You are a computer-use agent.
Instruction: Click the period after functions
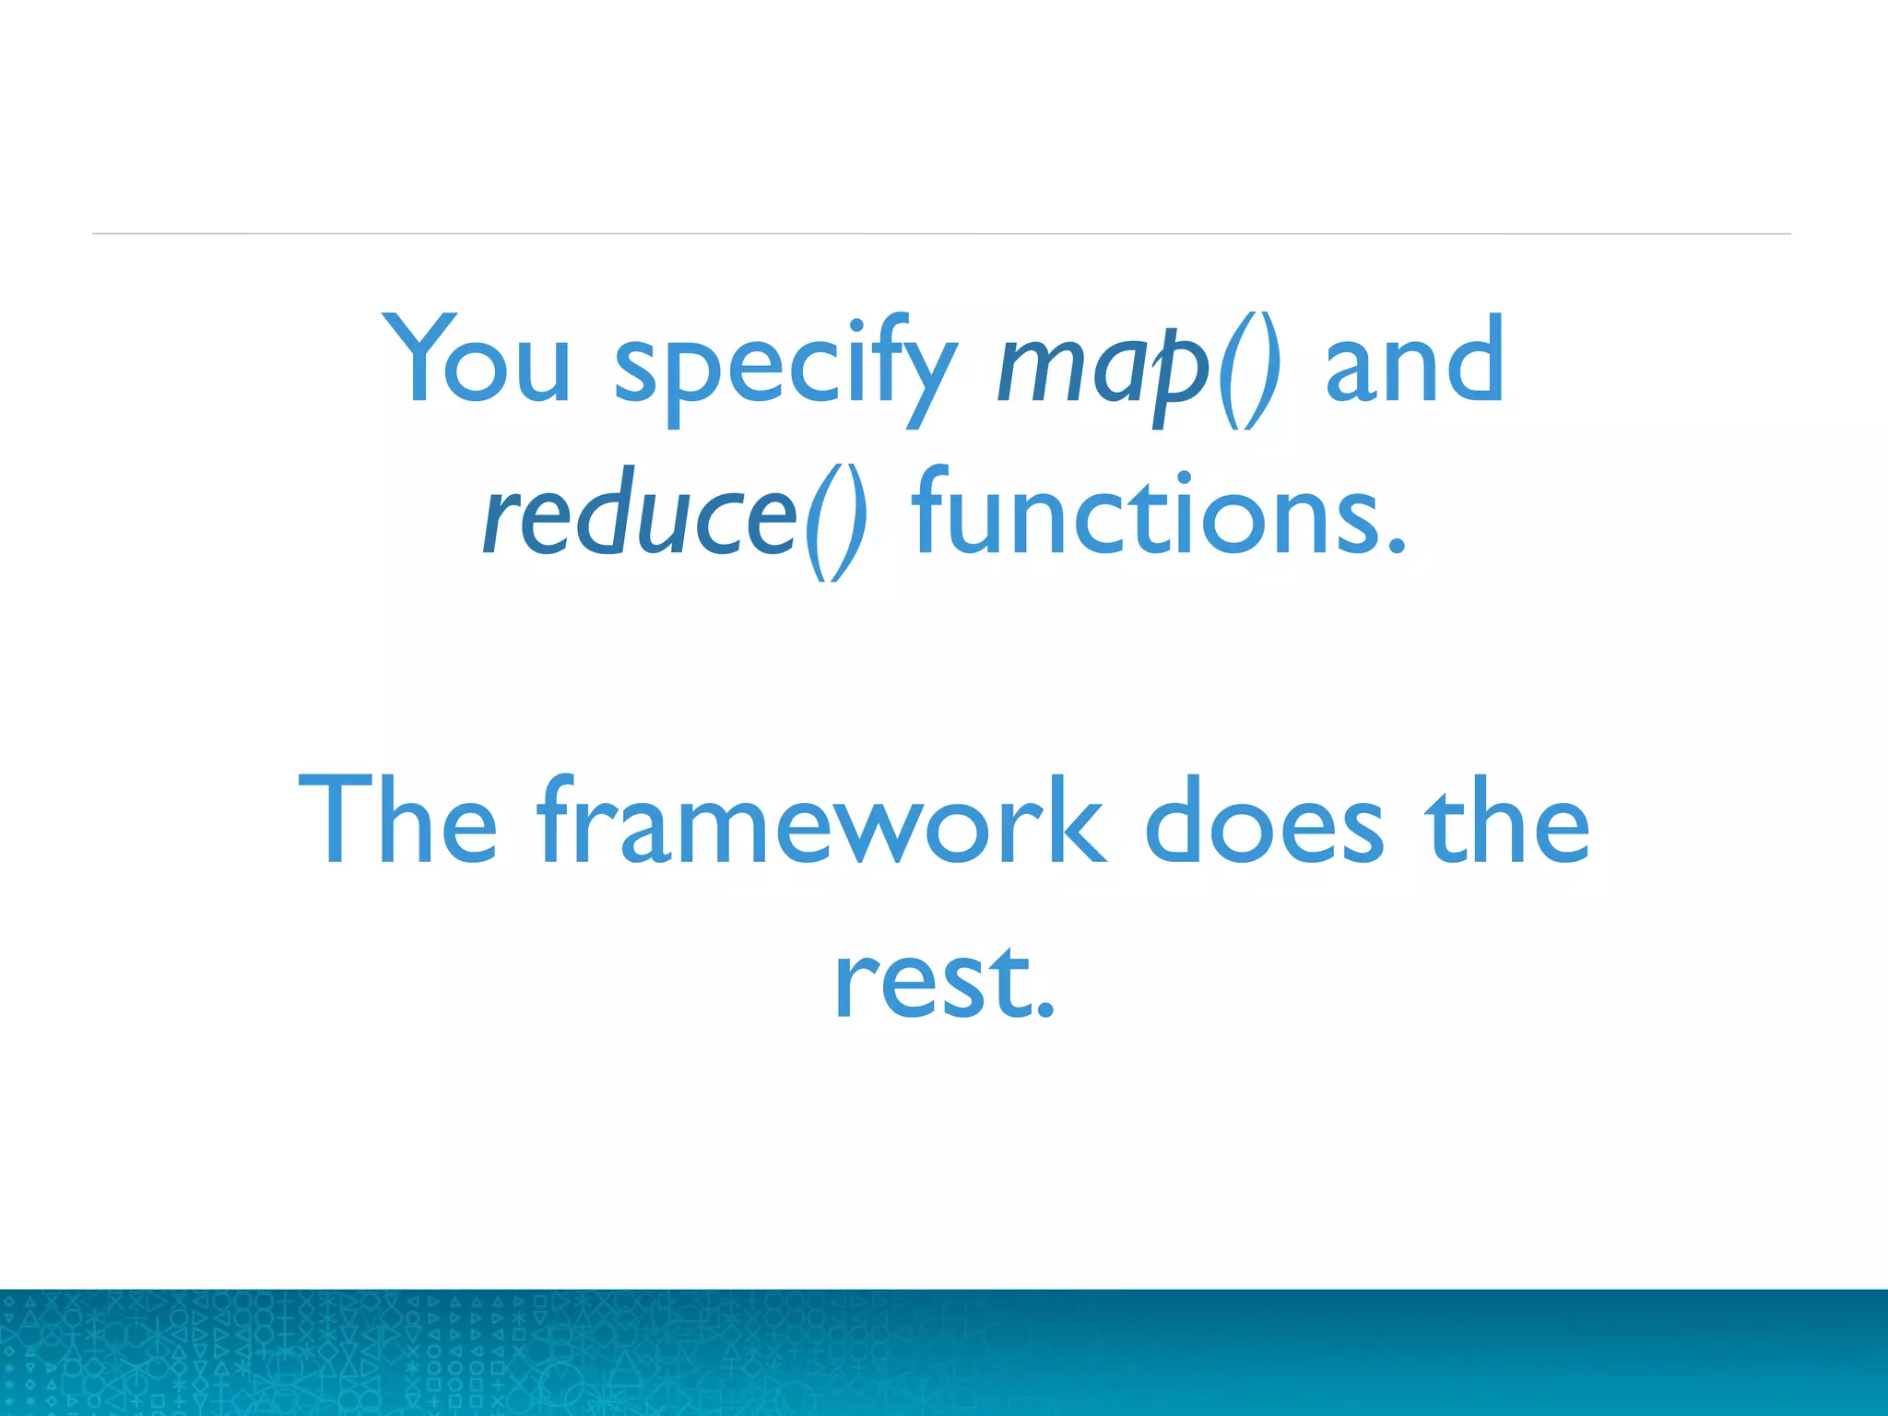click(1398, 548)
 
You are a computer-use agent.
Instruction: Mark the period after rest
click(1044, 1010)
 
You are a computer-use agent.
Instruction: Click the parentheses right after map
click(1248, 369)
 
